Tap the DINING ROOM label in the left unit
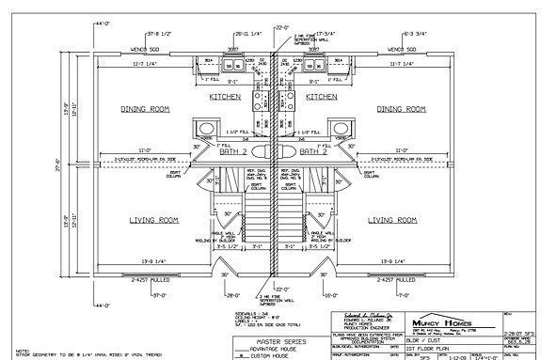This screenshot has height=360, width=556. (x=146, y=109)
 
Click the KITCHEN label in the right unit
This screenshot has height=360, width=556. (x=323, y=97)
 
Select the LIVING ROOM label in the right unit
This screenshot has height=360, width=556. (x=391, y=220)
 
